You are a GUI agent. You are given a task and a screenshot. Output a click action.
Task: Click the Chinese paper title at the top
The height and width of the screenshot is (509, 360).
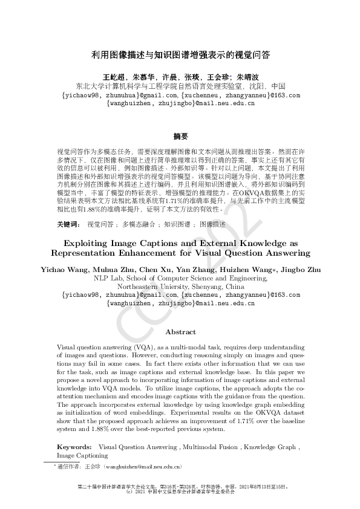point(180,54)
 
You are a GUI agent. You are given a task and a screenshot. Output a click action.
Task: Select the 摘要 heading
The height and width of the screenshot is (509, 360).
point(180,135)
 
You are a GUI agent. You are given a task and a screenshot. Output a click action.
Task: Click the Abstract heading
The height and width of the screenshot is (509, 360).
point(180,332)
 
